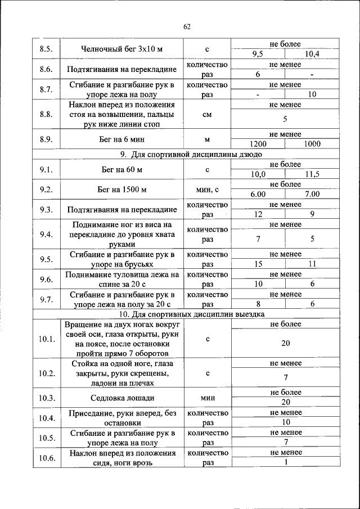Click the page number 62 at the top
click(187, 26)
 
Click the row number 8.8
click(46, 114)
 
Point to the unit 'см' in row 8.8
click(207, 114)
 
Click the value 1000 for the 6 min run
click(311, 144)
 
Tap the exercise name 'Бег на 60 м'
click(114, 169)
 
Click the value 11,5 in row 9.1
click(311, 174)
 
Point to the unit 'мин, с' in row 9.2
click(207, 190)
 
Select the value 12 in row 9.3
click(258, 214)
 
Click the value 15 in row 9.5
click(258, 264)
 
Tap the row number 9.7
click(46, 299)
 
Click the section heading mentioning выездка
click(196, 314)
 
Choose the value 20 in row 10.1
click(285, 343)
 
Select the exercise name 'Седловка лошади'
click(114, 398)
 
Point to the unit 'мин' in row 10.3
click(207, 398)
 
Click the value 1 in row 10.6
click(285, 462)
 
